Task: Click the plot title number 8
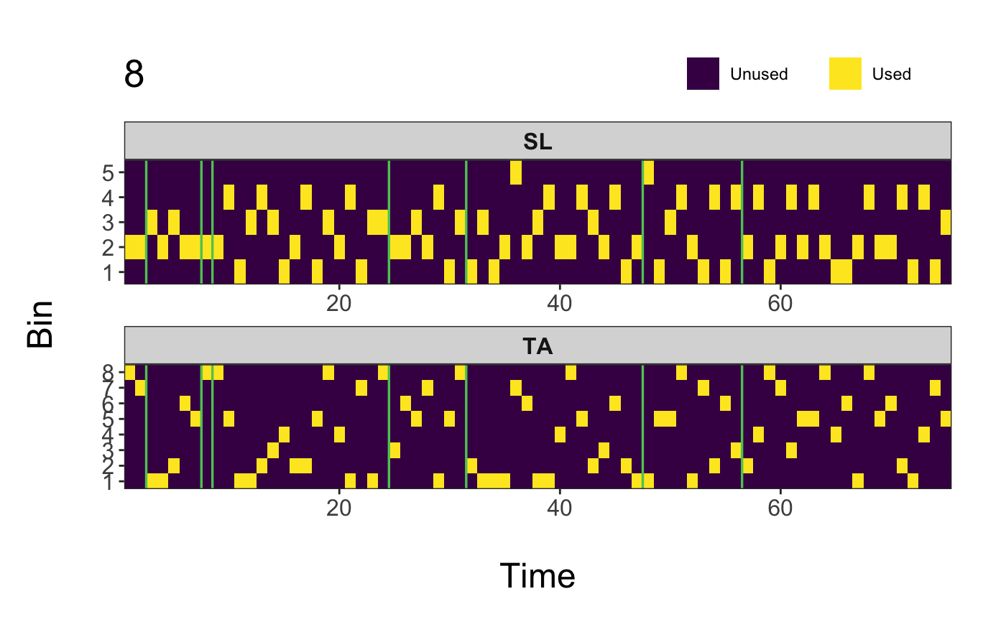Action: click(x=134, y=75)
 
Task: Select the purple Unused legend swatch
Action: click(x=703, y=74)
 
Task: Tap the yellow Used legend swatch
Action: click(x=845, y=74)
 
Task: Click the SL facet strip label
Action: click(x=537, y=142)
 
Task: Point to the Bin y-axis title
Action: click(x=41, y=325)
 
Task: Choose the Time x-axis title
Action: click(x=537, y=576)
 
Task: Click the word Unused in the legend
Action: click(x=759, y=74)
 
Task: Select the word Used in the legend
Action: click(x=891, y=74)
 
